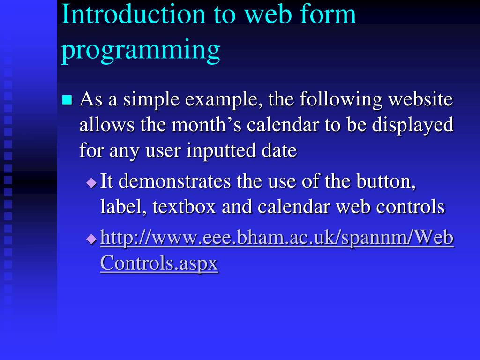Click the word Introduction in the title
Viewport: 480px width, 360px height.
pyautogui.click(x=133, y=14)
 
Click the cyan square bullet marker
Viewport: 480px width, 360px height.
pyautogui.click(x=67, y=100)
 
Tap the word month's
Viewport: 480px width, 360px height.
pyautogui.click(x=206, y=125)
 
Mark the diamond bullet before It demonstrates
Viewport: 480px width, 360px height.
pyautogui.click(x=91, y=183)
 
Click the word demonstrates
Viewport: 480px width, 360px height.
pyautogui.click(x=174, y=181)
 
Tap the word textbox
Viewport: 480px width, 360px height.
pyautogui.click(x=184, y=207)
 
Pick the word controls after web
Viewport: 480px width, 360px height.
pyautogui.click(x=410, y=207)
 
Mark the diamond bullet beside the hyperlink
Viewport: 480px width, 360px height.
pyautogui.click(x=91, y=239)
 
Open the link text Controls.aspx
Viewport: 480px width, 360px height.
pyautogui.click(x=159, y=263)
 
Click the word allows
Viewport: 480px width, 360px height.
pyautogui.click(x=107, y=125)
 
